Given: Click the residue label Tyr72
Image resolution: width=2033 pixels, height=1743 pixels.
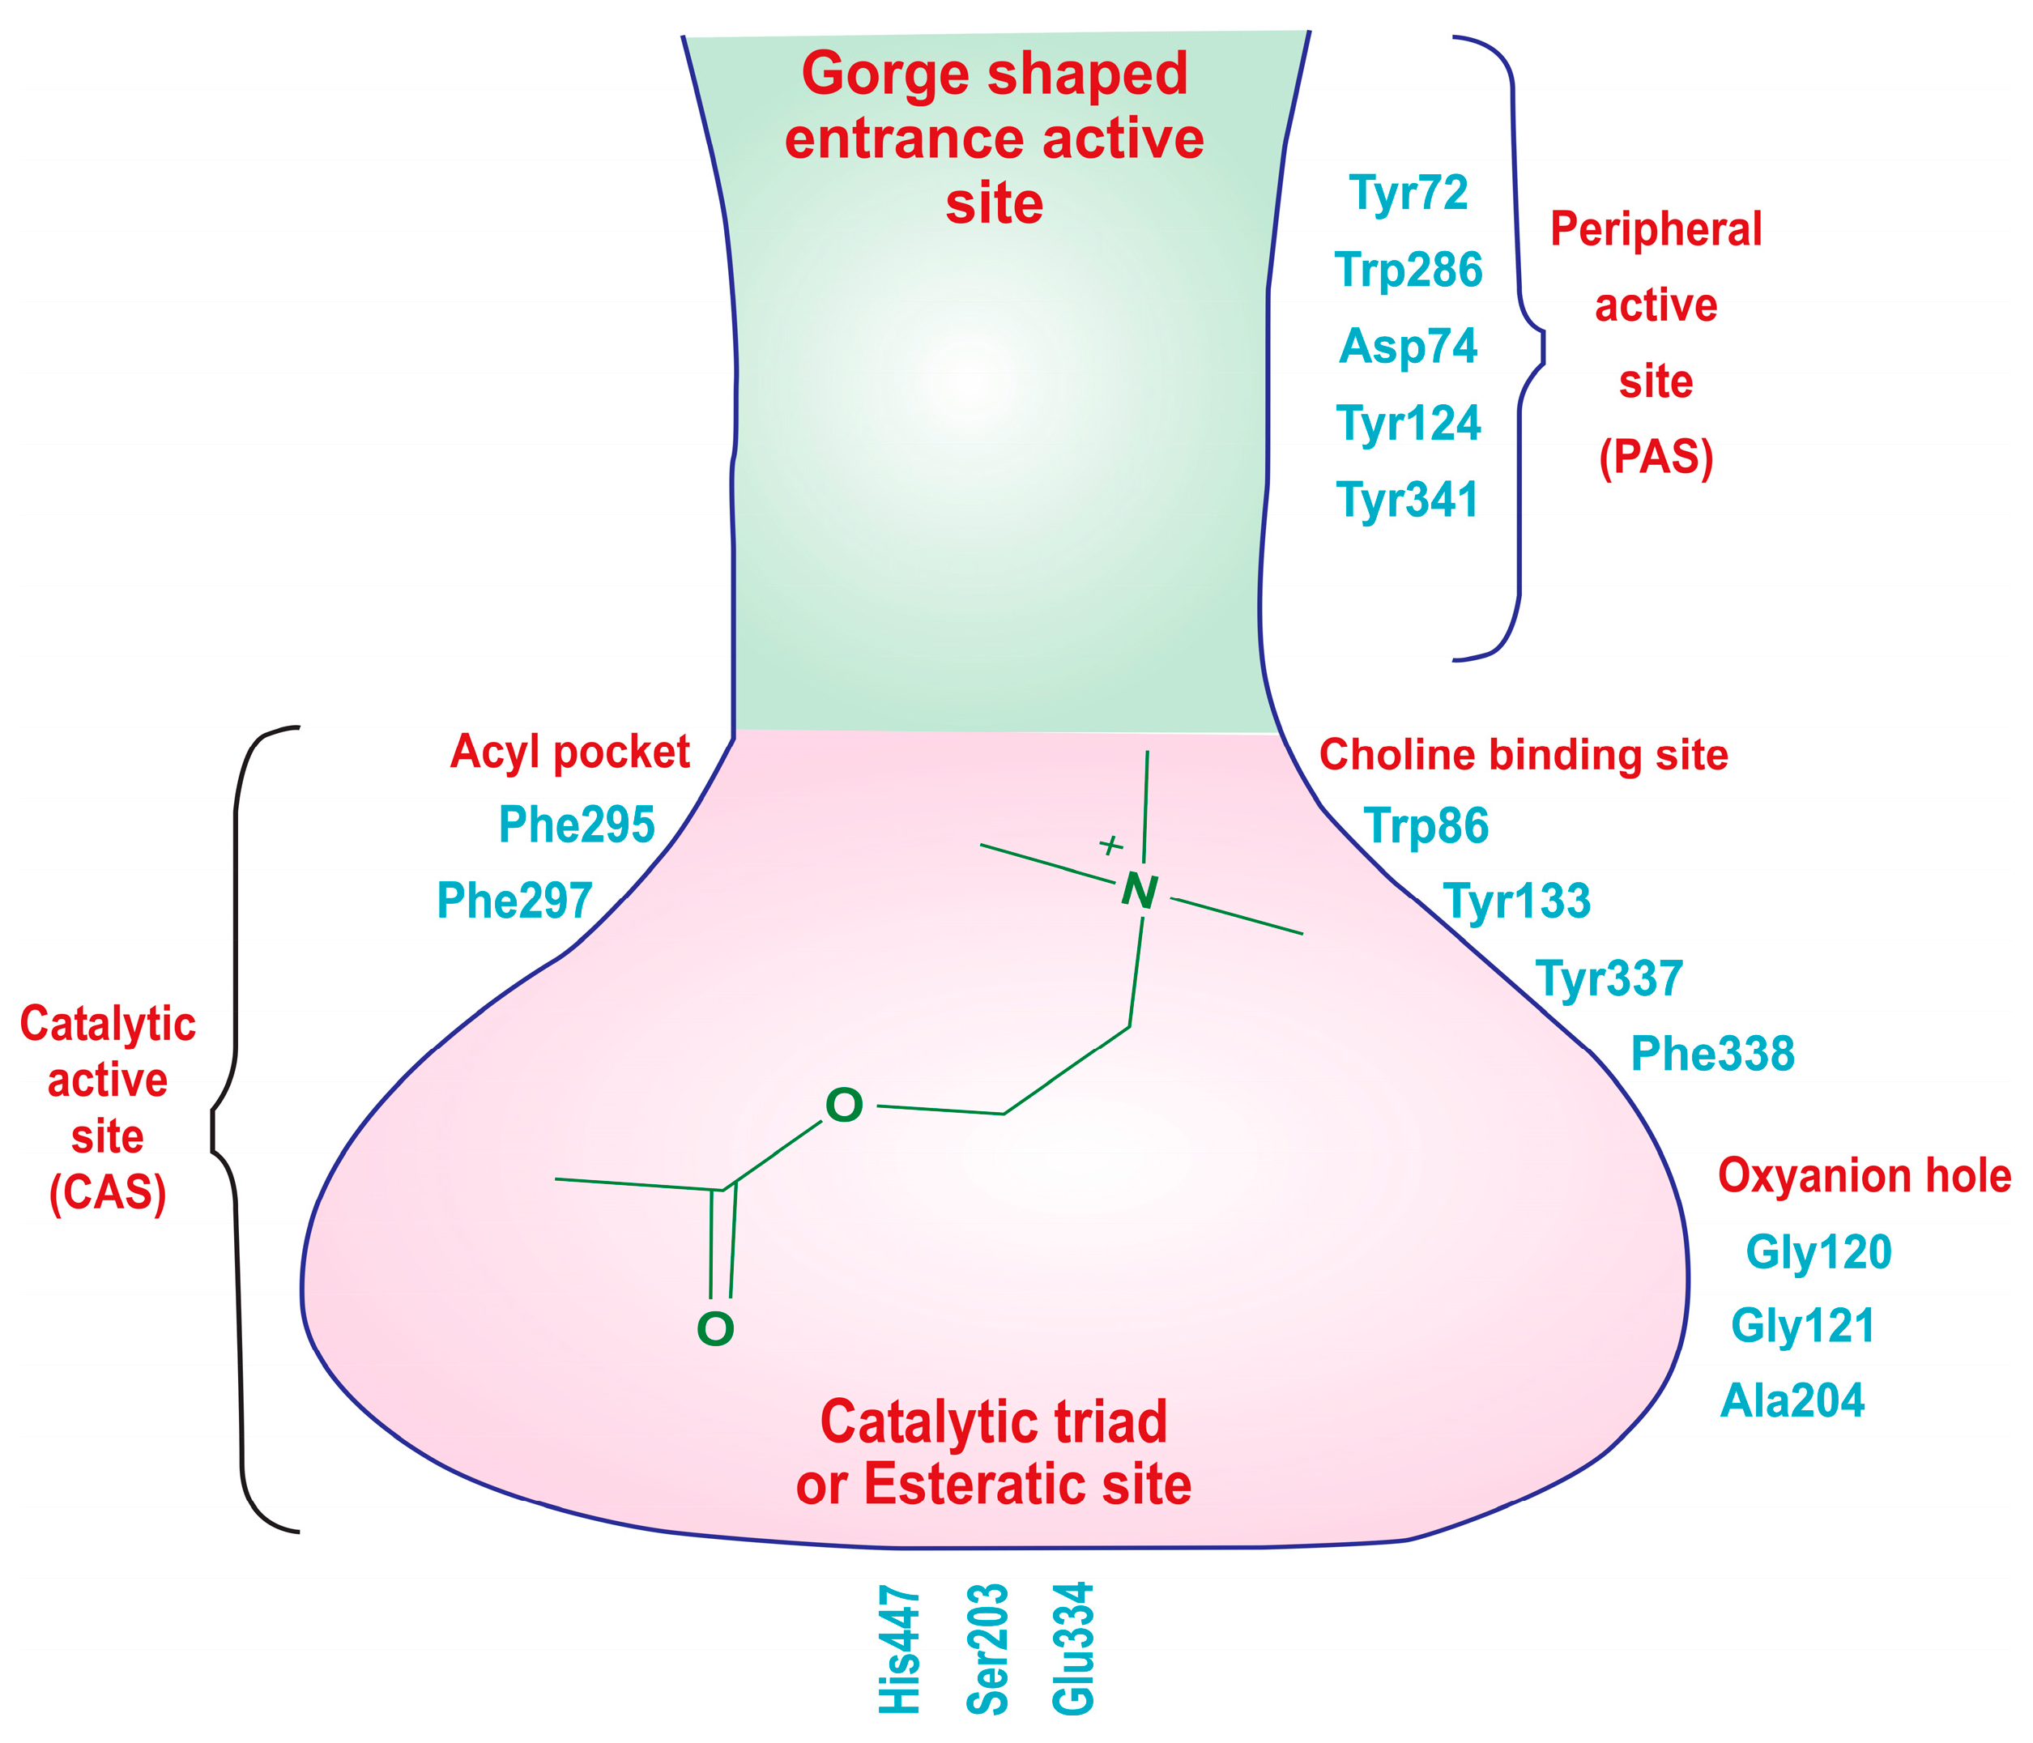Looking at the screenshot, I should click(1409, 194).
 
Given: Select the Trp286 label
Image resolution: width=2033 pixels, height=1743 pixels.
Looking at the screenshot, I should click(1409, 270).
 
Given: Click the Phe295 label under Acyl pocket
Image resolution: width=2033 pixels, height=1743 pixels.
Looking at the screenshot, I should click(576, 825).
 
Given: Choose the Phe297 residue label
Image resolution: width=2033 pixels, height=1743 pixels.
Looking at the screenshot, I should click(514, 900).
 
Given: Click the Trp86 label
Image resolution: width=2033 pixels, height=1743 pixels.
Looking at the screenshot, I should click(1426, 825).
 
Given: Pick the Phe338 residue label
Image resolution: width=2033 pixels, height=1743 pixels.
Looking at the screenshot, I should click(1712, 1054).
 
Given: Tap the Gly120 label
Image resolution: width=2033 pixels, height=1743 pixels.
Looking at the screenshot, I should click(1818, 1252).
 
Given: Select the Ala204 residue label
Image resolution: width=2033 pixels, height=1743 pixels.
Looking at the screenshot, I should click(1792, 1400).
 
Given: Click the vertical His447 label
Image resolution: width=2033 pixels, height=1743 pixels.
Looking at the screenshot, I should click(900, 1650).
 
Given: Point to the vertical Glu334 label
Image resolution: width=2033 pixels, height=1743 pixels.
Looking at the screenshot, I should click(1072, 1649).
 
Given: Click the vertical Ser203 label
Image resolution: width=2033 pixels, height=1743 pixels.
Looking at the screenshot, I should click(987, 1649).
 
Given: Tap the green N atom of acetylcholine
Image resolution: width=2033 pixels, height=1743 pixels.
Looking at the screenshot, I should click(1139, 891).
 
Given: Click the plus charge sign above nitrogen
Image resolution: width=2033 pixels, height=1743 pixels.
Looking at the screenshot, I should click(1110, 844).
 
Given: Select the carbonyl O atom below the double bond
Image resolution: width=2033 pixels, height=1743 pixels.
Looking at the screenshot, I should click(715, 1330).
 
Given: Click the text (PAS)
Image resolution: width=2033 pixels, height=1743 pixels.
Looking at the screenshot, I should click(1656, 458).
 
